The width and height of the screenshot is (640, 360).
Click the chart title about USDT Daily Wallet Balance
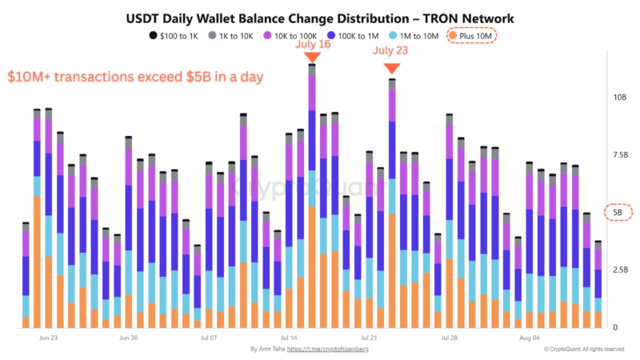(x=320, y=18)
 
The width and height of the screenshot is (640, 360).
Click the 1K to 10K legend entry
(x=236, y=35)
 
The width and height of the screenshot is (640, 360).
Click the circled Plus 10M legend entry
(x=471, y=35)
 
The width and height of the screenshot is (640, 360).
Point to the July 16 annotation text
(x=312, y=45)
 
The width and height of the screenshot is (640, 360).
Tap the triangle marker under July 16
(x=312, y=58)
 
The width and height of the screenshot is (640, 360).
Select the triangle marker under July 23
(x=392, y=72)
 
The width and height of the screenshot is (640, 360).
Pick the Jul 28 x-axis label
(x=449, y=338)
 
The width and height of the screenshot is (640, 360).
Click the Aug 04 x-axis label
(x=529, y=338)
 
